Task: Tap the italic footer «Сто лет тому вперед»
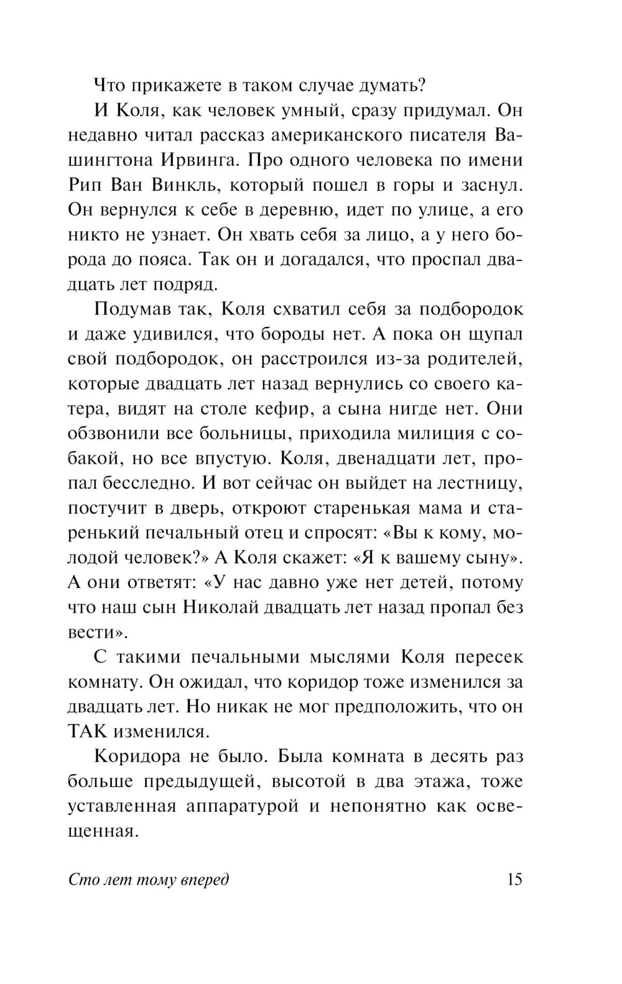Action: (x=148, y=880)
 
